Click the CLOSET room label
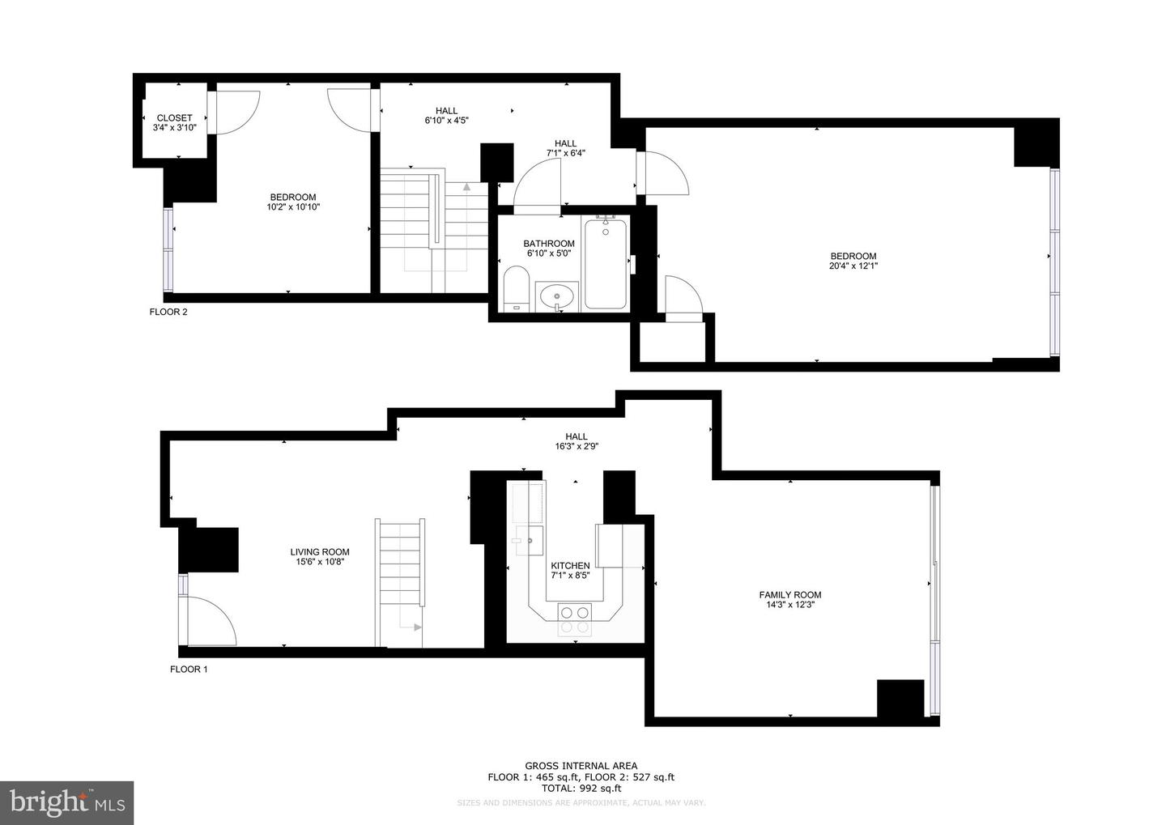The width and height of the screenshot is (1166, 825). click(x=174, y=117)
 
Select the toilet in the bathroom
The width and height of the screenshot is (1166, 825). click(x=516, y=291)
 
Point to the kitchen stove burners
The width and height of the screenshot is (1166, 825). click(x=574, y=619)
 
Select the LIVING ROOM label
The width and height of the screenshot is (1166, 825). click(x=320, y=552)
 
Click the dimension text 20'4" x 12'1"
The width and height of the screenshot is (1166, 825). click(x=853, y=266)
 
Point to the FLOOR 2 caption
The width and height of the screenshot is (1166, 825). click(x=168, y=312)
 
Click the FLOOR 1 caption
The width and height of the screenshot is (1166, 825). click(x=189, y=670)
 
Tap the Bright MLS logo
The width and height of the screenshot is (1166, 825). click(x=66, y=802)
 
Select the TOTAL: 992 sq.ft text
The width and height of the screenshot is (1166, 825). click(x=581, y=788)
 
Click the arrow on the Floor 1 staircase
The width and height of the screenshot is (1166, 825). click(x=415, y=627)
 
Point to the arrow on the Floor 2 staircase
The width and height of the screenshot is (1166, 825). click(x=467, y=188)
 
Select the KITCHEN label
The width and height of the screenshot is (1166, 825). click(x=570, y=566)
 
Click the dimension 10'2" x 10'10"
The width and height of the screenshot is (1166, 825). click(x=293, y=206)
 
